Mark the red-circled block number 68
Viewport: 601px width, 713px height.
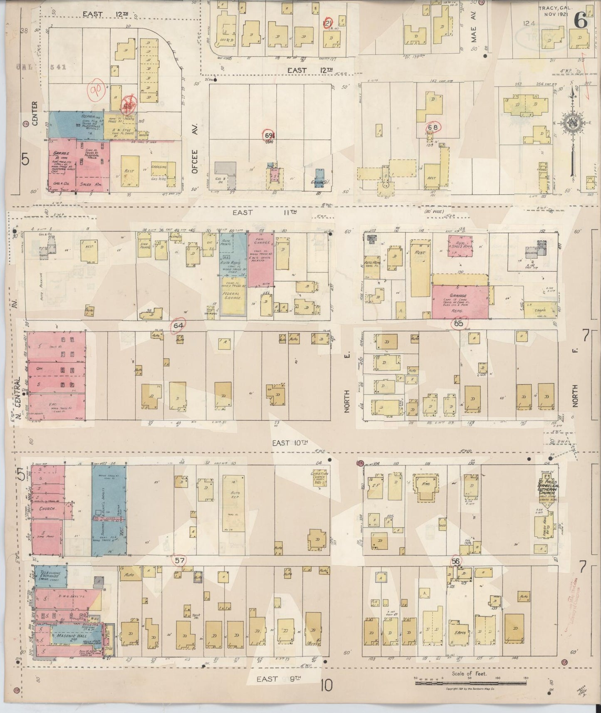[x=433, y=126]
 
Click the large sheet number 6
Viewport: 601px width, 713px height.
[x=581, y=20]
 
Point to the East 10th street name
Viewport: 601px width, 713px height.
[x=289, y=443]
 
